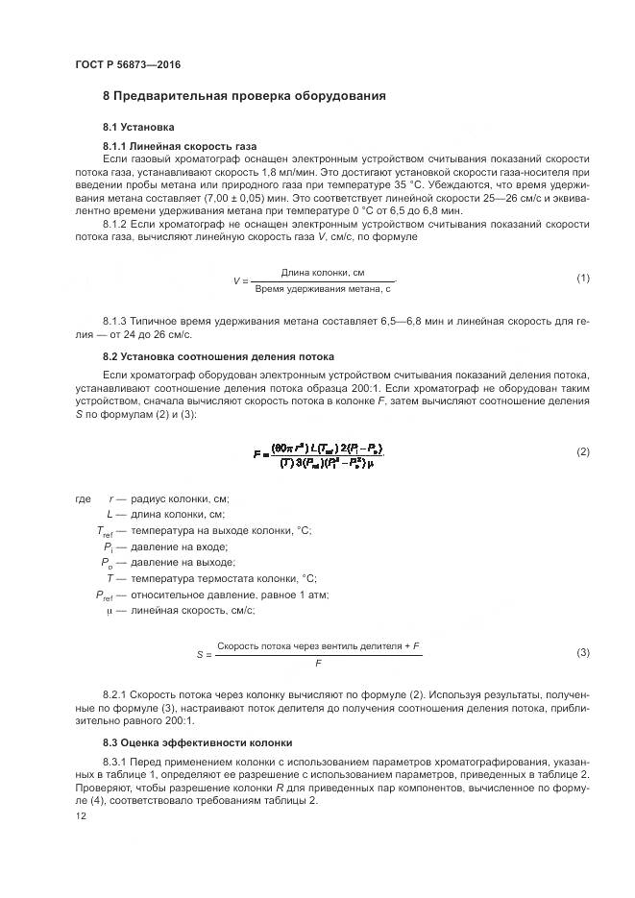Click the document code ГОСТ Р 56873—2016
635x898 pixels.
[127, 64]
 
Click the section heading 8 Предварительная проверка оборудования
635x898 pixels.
[244, 96]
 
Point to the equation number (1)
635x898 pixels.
[582, 279]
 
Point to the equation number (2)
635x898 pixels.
[582, 451]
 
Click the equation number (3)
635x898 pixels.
[582, 653]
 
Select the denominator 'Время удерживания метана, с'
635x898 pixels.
[323, 287]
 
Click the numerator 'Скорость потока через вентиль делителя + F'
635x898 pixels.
[319, 646]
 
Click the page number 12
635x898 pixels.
[80, 816]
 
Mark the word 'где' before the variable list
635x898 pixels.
[83, 499]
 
